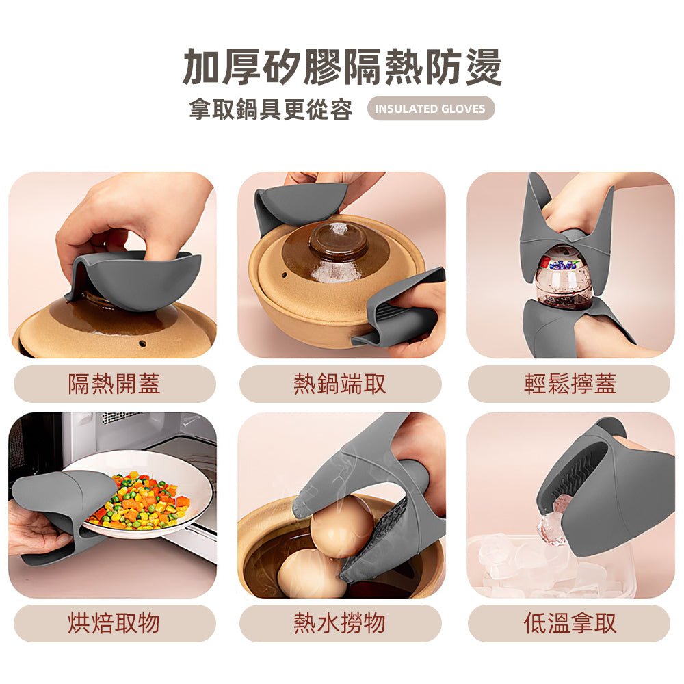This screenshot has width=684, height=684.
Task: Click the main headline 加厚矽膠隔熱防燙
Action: (342, 67)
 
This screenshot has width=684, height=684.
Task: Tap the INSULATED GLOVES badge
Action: (430, 109)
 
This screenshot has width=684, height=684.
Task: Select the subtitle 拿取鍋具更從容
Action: (271, 109)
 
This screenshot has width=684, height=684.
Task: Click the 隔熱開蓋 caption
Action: (114, 384)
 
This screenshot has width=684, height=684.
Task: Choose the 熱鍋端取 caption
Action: (340, 384)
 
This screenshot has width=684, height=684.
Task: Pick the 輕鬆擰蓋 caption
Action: (569, 384)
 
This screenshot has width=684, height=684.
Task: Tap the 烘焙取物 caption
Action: (114, 623)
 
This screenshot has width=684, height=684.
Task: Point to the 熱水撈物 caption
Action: (340, 623)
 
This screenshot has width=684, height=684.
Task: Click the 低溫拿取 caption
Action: (569, 623)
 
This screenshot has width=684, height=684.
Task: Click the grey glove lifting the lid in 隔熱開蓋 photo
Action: (137, 277)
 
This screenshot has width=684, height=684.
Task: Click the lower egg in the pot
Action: (311, 573)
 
